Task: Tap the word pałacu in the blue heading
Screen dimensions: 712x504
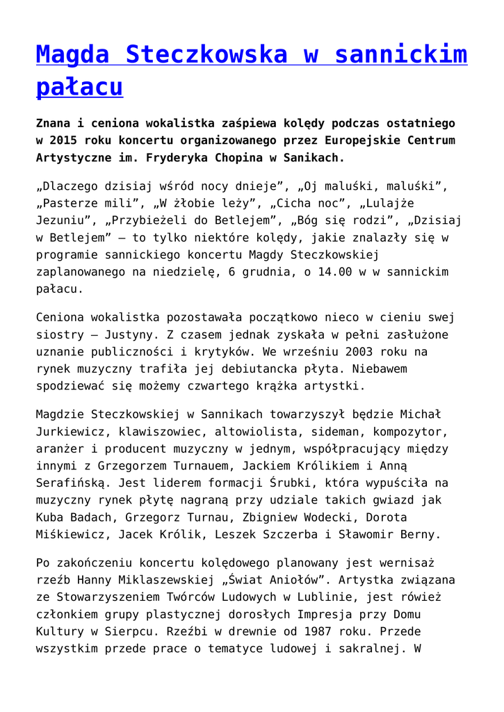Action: (x=79, y=87)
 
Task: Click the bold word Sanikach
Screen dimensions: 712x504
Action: (x=309, y=157)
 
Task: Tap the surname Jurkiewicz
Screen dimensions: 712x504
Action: (x=70, y=431)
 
